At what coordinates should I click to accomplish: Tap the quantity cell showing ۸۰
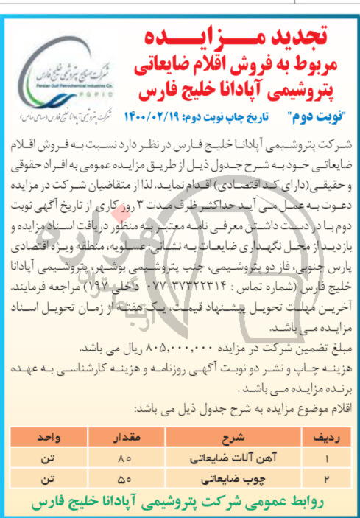(x=122, y=458)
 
